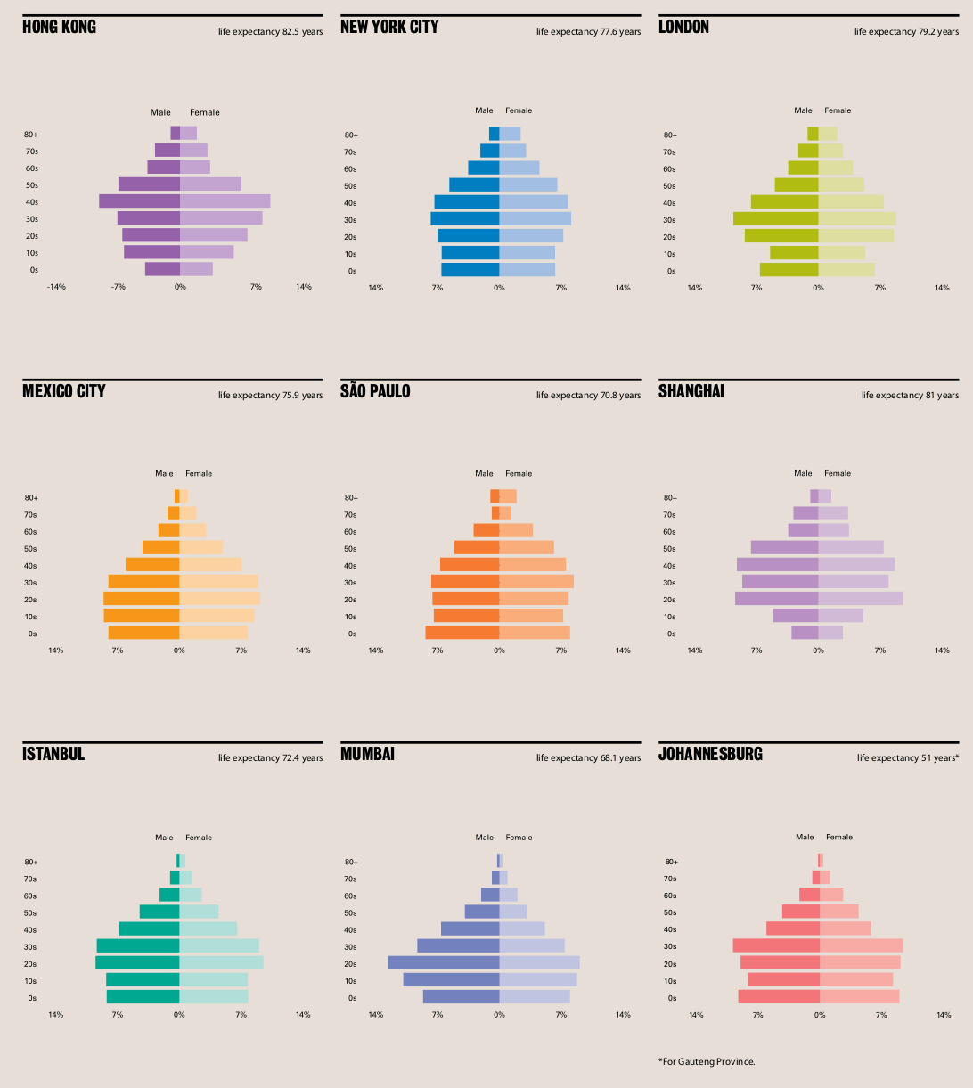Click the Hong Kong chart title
point(59,27)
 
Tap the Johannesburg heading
point(710,754)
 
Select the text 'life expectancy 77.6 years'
point(588,32)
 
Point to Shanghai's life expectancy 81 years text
point(910,395)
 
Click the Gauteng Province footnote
point(707,1061)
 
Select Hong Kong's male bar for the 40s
point(139,201)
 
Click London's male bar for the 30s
point(775,218)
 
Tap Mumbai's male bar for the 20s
point(443,962)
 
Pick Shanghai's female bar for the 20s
point(861,599)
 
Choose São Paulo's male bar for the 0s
point(462,633)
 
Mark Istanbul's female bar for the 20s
point(221,962)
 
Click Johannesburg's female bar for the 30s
point(861,945)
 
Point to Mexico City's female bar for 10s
point(217,616)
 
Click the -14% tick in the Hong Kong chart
point(57,287)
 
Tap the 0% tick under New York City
point(499,288)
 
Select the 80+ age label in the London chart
point(671,135)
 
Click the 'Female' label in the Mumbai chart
point(519,838)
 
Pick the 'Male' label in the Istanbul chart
point(164,838)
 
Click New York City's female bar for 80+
point(510,134)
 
